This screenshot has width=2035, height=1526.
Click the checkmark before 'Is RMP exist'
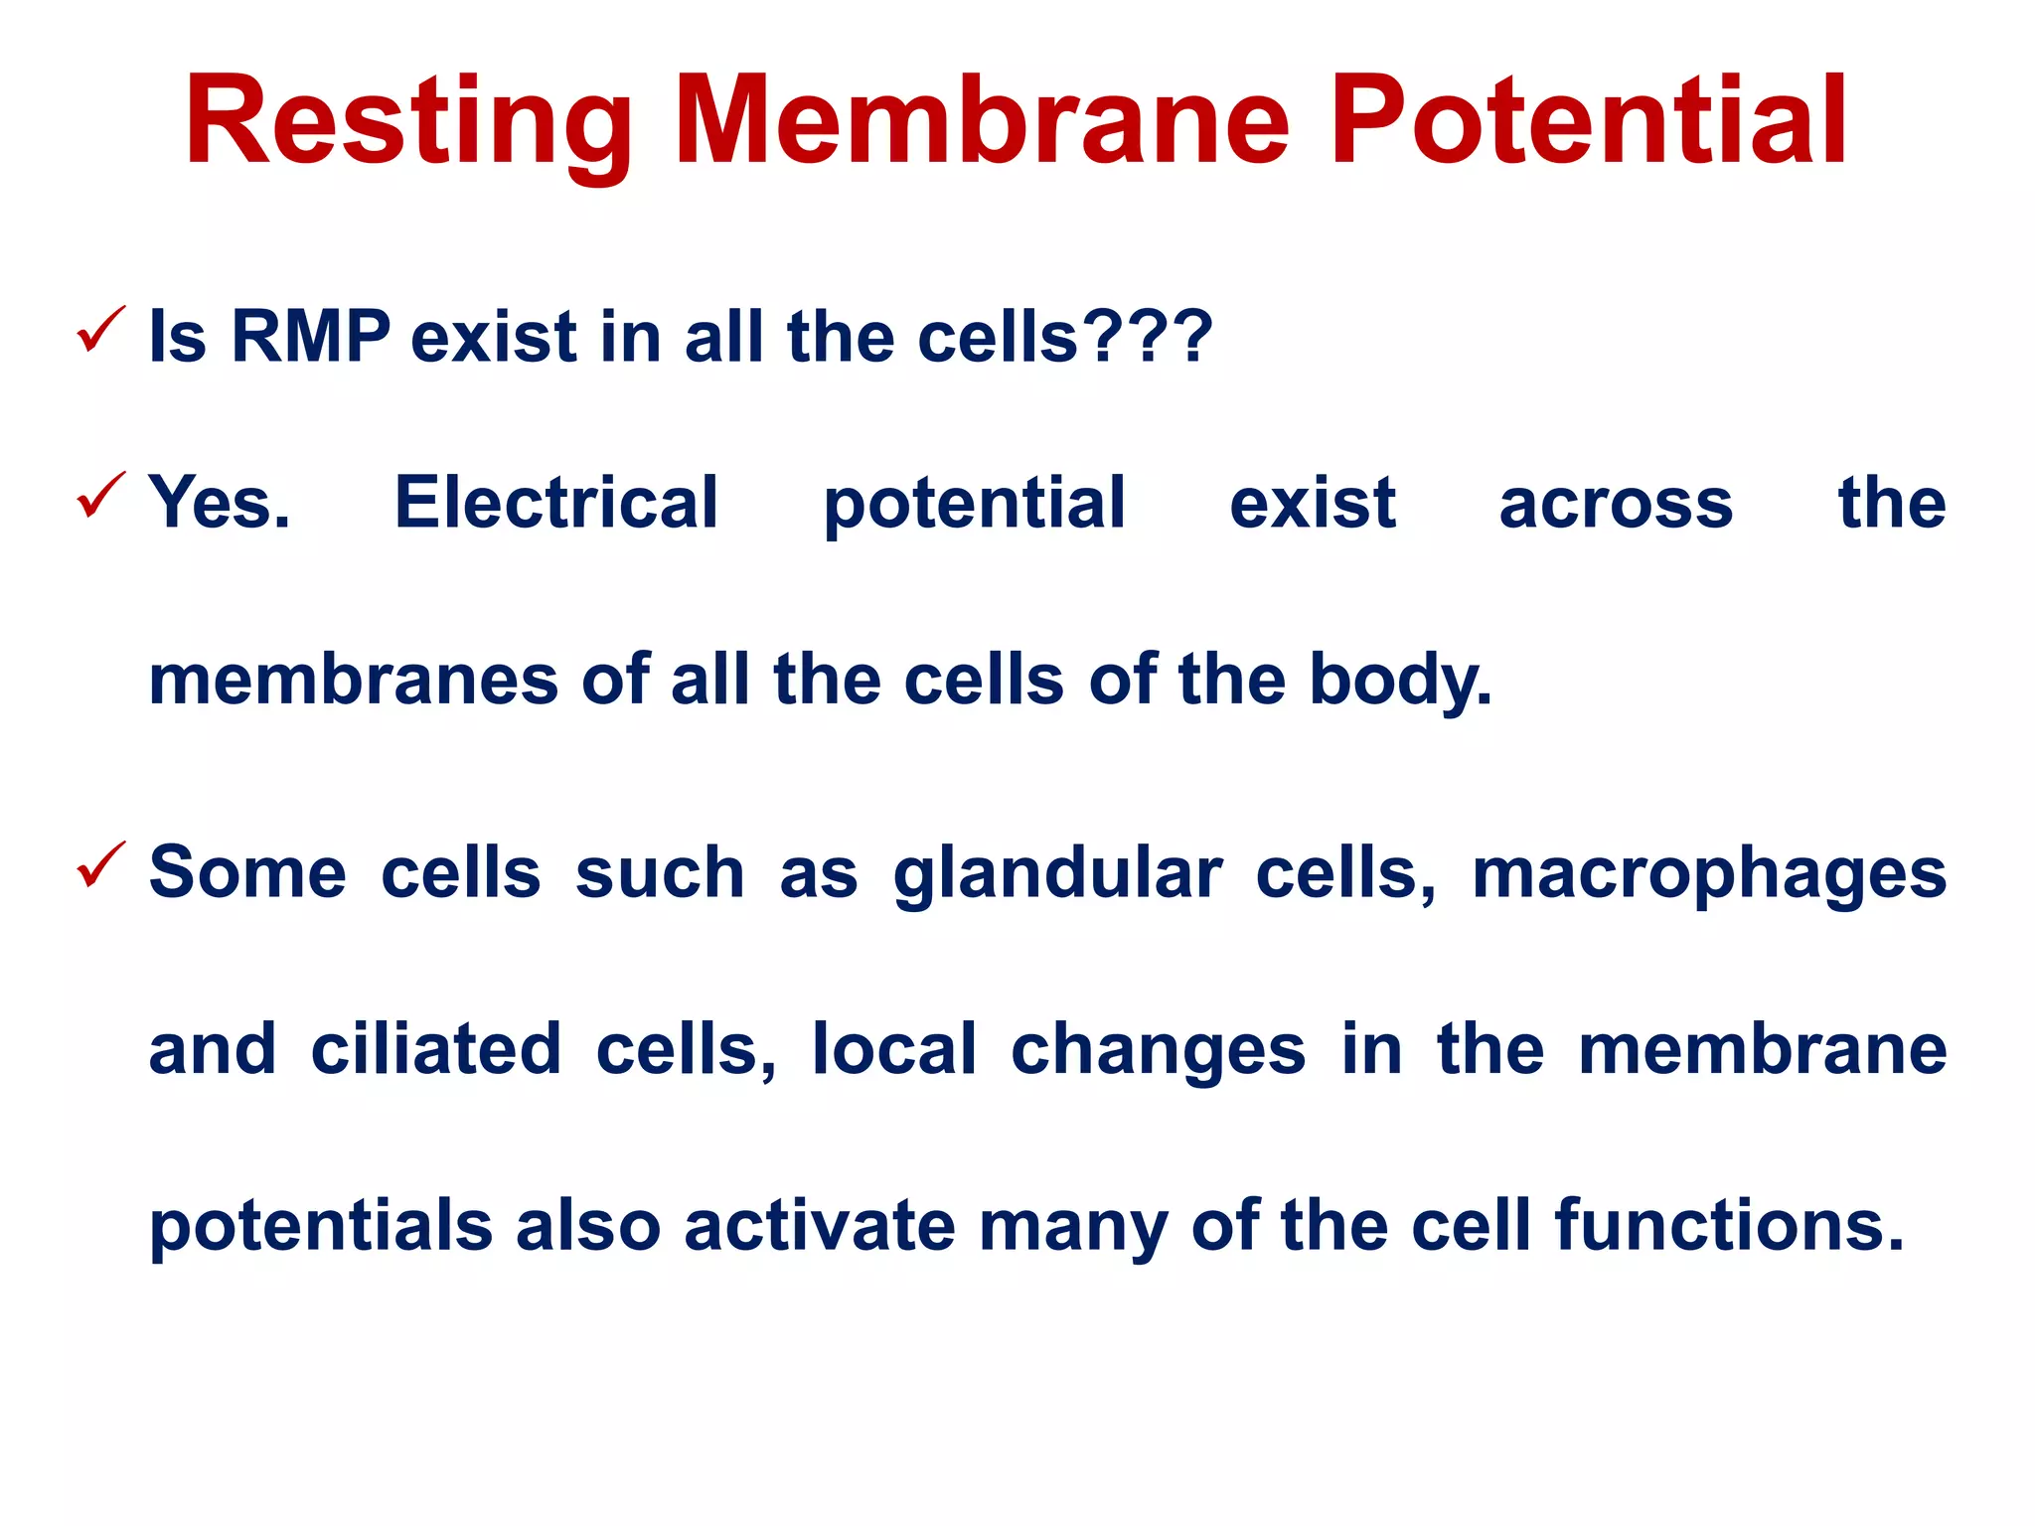100,330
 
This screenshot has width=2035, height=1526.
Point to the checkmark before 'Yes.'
100,496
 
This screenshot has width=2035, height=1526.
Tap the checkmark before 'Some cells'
100,865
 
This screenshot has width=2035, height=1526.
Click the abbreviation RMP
310,337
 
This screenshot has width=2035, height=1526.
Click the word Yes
220,503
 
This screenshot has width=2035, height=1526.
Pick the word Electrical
556,503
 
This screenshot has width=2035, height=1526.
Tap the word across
1616,503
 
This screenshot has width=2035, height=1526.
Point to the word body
1399,682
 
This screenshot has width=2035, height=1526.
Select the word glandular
1057,874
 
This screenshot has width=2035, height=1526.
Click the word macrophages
1708,874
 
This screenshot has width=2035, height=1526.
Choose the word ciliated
436,1049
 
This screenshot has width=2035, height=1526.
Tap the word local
894,1049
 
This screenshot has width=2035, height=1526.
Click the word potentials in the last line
321,1226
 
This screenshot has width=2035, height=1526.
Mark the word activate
819,1226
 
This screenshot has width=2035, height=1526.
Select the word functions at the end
1728,1226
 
